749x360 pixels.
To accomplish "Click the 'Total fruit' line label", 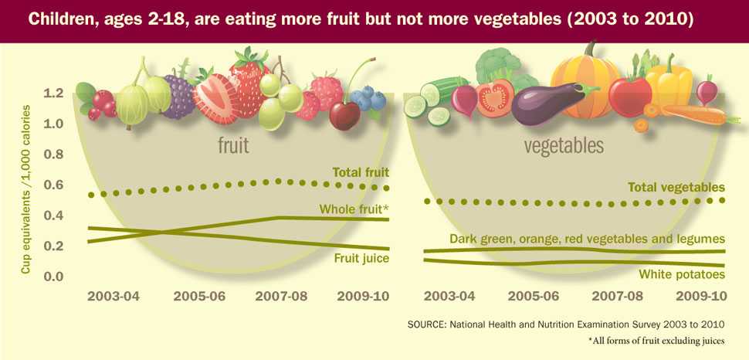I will (361, 172).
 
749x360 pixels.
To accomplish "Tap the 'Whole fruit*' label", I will (354, 209).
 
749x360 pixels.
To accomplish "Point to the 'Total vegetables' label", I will (676, 187).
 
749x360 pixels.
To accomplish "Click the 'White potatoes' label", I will (682, 274).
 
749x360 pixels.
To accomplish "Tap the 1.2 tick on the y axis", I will (53, 93).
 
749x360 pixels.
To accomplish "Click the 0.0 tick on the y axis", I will (53, 277).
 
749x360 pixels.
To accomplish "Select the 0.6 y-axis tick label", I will (53, 185).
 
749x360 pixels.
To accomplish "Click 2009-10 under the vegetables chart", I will (701, 296).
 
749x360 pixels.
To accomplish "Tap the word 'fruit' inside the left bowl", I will (232, 144).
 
